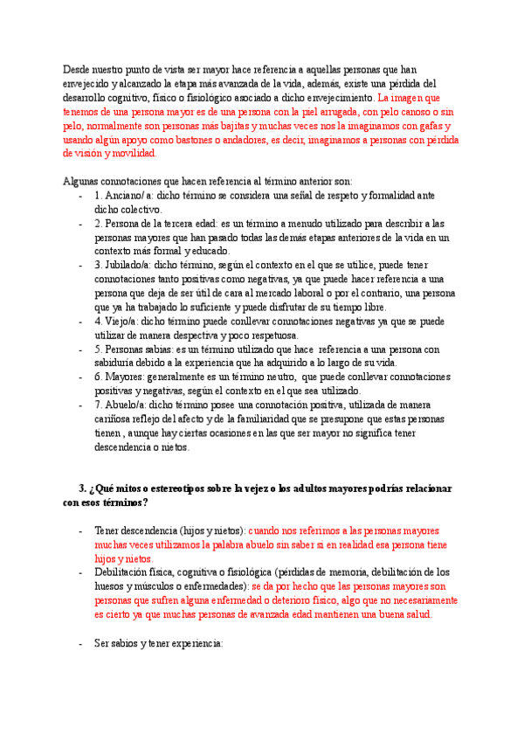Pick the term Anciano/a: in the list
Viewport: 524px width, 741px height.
tap(128, 196)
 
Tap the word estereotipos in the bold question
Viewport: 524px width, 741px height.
tap(176, 488)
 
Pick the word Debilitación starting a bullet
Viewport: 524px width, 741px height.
tap(126, 572)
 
